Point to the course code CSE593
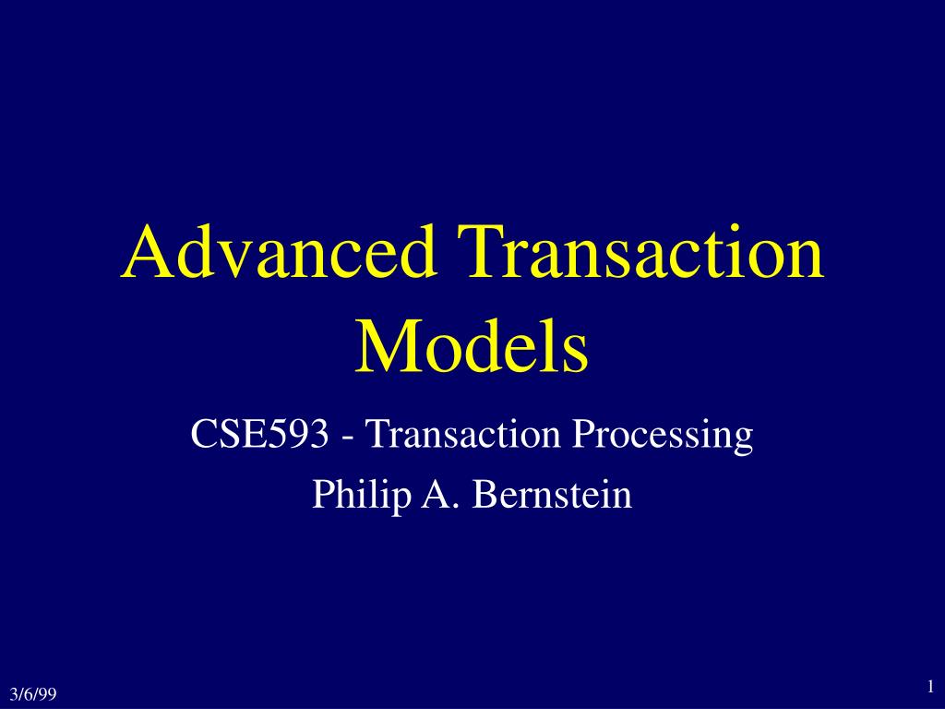point(257,435)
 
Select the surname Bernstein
point(552,495)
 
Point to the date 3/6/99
point(31,693)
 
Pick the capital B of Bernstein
point(484,495)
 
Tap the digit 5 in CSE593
point(281,435)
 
